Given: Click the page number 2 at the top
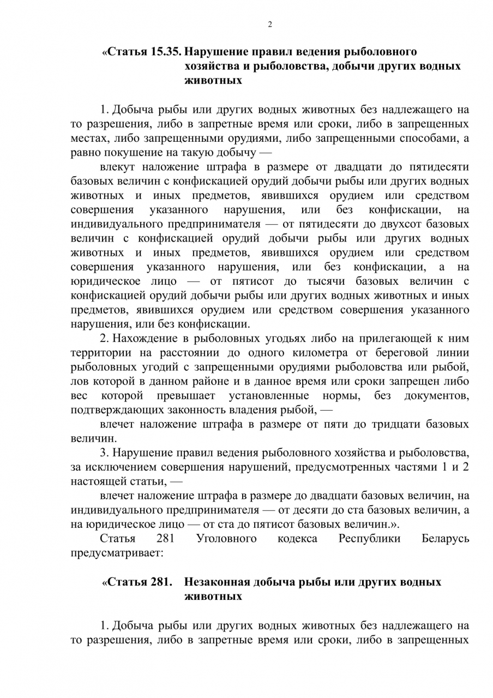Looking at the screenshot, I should [269, 24].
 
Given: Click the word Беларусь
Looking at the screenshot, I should [445, 539].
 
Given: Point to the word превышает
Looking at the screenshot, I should [186, 395].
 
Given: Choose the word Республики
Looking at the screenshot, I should [369, 539].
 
